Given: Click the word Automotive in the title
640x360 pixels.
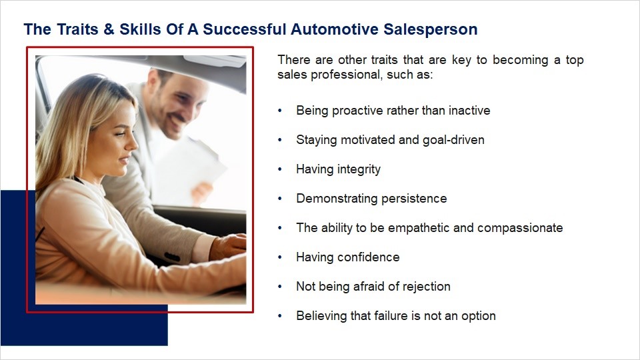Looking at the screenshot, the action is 335,29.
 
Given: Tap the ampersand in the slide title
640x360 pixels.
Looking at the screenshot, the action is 109,29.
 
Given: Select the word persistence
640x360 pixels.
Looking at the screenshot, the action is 414,199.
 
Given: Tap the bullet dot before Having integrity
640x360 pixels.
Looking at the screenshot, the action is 280,169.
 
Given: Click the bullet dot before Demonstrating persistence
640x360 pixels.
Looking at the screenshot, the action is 280,199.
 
